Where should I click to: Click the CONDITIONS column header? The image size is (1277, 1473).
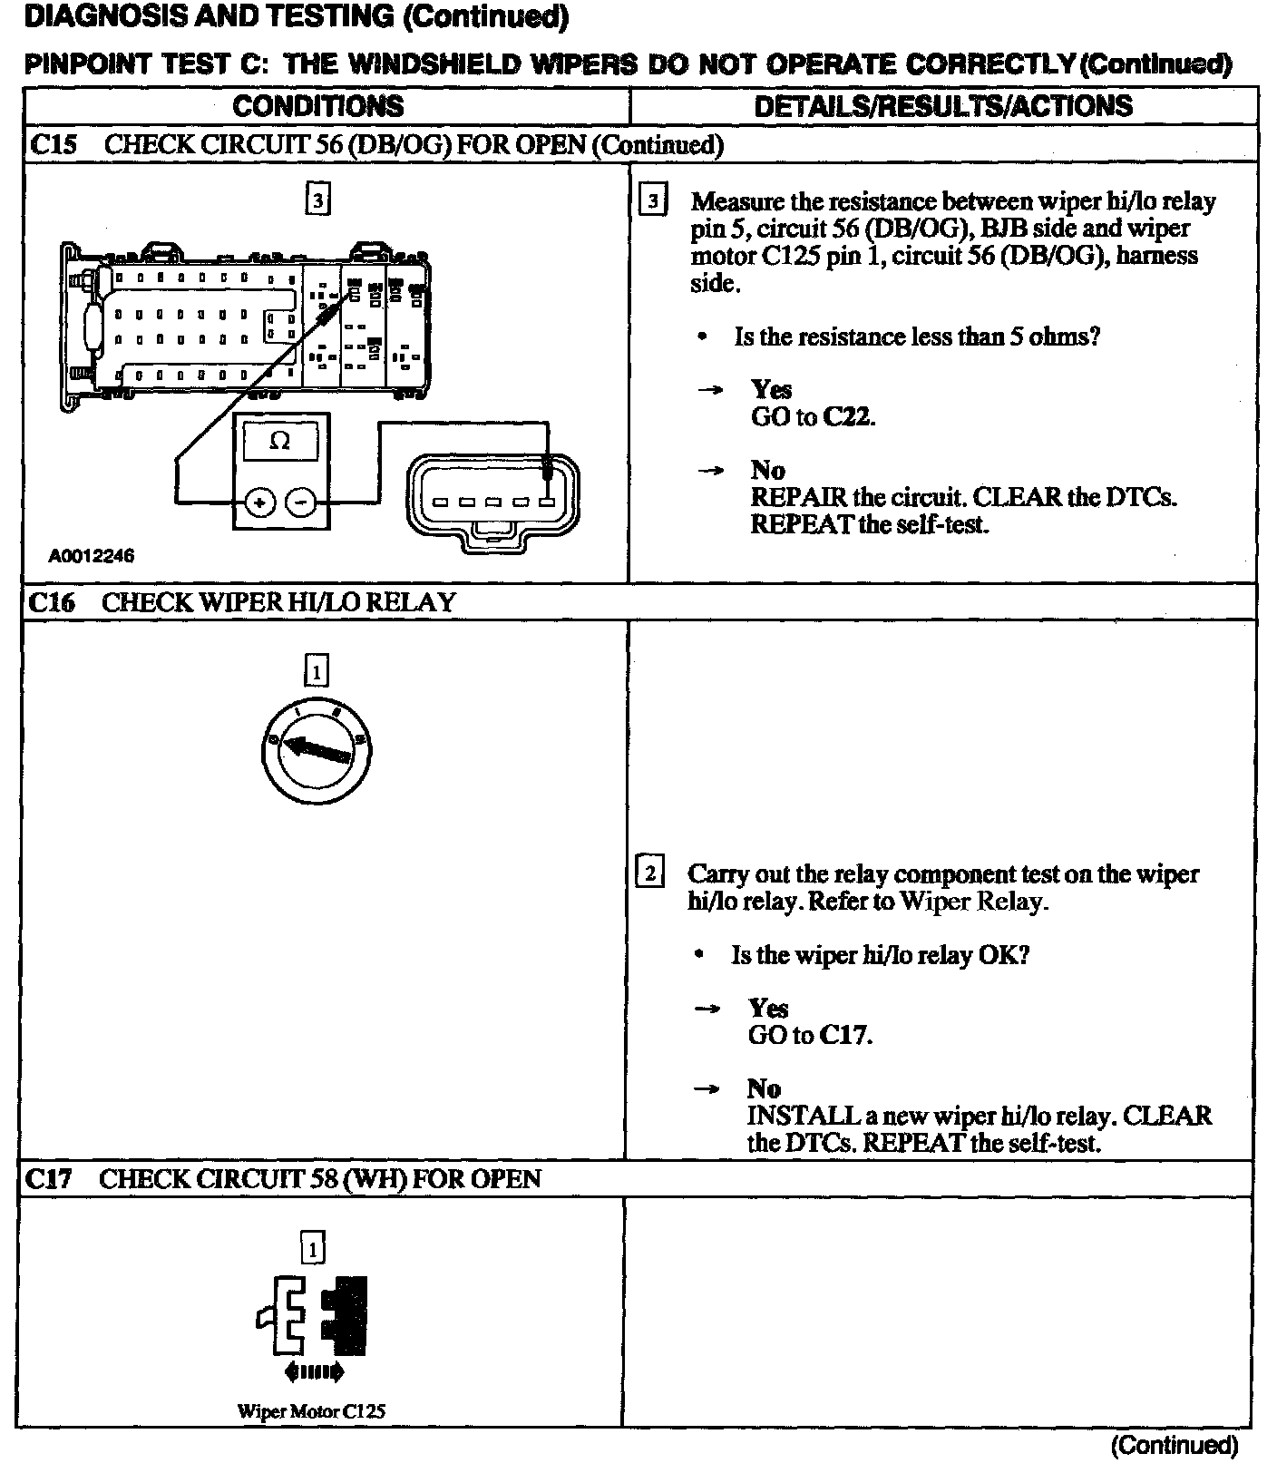pyautogui.click(x=317, y=106)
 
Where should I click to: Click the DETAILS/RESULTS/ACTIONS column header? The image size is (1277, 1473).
pyautogui.click(x=943, y=106)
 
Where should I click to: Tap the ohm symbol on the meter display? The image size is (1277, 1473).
pyautogui.click(x=281, y=442)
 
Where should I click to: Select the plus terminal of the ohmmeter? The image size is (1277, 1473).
pyautogui.click(x=260, y=501)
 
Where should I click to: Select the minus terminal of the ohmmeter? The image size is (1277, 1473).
pyautogui.click(x=303, y=501)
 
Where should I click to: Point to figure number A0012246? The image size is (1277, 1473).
pyautogui.click(x=91, y=556)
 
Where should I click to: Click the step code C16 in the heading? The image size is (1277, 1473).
pyautogui.click(x=51, y=602)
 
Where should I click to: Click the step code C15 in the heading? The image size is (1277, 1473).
pyautogui.click(x=53, y=145)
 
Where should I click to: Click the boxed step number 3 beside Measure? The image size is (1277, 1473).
pyautogui.click(x=653, y=201)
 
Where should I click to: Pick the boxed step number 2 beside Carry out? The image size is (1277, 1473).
pyautogui.click(x=650, y=873)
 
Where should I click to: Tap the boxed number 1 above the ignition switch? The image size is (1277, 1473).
pyautogui.click(x=316, y=672)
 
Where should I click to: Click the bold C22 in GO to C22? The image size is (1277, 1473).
pyautogui.click(x=848, y=417)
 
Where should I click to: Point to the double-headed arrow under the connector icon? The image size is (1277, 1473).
pyautogui.click(x=314, y=1372)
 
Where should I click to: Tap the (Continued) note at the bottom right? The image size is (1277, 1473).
pyautogui.click(x=1174, y=1444)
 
